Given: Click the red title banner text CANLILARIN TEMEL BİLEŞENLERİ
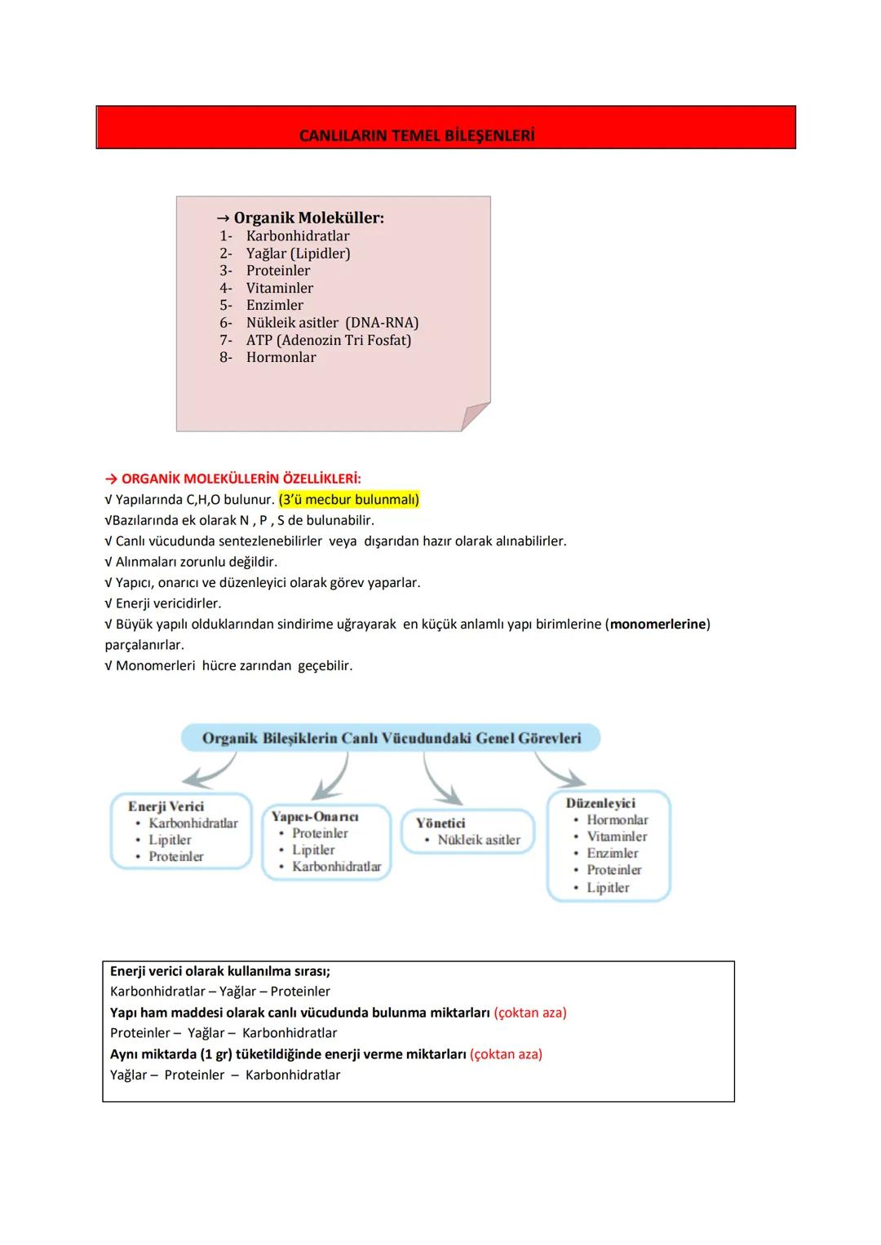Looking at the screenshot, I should coord(417,136).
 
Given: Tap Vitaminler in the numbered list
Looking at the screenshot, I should coord(279,288).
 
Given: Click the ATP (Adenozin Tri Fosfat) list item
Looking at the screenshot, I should coord(328,340).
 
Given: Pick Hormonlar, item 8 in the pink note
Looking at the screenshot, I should coord(281,357).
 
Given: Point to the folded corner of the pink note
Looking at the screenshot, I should coord(475,416).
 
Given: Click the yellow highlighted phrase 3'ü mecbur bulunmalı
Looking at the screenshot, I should coord(349,500).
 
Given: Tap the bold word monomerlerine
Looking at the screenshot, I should coord(657,625).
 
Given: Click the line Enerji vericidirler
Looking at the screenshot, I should coord(168,603).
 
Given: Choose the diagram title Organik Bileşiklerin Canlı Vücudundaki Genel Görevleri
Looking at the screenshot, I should coord(392,739).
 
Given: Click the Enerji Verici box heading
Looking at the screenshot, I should coord(166,806).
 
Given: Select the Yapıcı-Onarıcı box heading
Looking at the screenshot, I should coord(315,816).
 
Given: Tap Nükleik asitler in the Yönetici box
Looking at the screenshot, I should coord(479,840).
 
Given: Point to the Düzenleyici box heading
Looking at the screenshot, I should coord(600,803).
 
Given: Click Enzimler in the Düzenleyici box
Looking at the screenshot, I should coord(612,853).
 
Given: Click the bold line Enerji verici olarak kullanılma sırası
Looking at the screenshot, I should coord(220,971).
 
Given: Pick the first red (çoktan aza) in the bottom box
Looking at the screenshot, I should coord(530,1013).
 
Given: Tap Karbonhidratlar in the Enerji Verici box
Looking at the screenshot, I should coord(193,823).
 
